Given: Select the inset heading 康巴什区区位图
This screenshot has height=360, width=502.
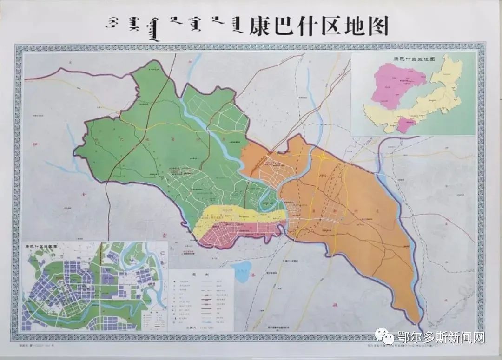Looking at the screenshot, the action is point(413,59).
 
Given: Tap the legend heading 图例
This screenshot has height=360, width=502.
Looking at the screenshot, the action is point(200,274).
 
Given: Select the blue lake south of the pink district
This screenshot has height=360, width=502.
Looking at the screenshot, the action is point(241,272).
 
